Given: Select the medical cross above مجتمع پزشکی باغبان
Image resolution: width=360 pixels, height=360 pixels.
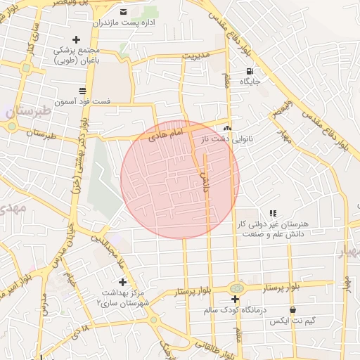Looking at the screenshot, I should tap(77, 39).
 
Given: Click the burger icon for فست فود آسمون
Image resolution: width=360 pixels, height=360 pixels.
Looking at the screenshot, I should tap(83, 91).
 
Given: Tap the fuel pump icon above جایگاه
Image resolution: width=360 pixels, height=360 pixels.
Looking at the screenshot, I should tap(249, 71).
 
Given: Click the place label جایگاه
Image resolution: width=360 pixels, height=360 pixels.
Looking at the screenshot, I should tap(250, 82).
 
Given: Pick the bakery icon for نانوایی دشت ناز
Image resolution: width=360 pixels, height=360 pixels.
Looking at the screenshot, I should tap(226, 129).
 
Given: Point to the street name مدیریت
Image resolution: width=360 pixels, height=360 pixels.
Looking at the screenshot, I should tap(196, 54).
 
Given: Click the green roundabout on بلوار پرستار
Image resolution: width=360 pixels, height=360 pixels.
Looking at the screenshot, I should tap(236, 288).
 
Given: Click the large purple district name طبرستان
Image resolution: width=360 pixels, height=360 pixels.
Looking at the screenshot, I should tap(28, 111).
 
